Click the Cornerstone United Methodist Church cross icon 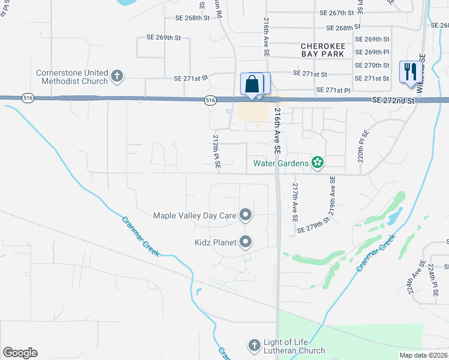pos(117,76)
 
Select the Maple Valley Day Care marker pos(245,215)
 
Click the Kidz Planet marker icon pos(245,242)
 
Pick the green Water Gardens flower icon pos(318,162)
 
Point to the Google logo pos(20,353)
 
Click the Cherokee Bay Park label pos(323,50)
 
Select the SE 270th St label pos(372,65)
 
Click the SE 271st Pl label pos(329,90)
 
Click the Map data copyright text pos(423,355)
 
